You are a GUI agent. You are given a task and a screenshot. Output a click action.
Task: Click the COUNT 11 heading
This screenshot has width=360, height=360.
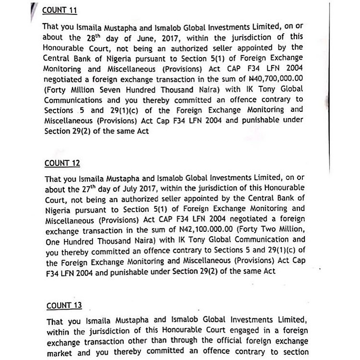[x=60, y=10]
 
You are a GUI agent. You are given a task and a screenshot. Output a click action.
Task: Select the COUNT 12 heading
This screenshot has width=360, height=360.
[x=62, y=163]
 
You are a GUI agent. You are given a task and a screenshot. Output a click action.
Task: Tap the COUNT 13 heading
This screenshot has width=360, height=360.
[x=64, y=305]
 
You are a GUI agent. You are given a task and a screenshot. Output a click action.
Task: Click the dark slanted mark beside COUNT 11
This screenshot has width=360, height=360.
[x=33, y=10]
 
